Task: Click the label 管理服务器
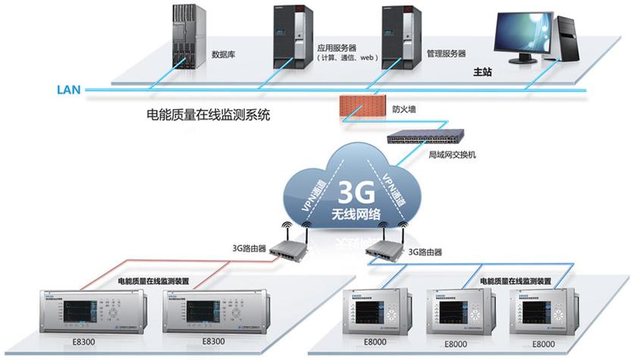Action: tap(445, 54)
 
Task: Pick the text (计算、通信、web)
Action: tap(347, 58)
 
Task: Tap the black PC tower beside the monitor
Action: tap(567, 38)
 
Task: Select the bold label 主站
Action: tap(482, 74)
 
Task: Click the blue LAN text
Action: tap(68, 89)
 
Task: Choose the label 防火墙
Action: tap(403, 109)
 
